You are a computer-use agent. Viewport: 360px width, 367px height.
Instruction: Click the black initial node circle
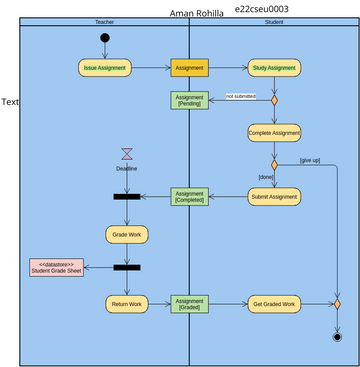point(105,38)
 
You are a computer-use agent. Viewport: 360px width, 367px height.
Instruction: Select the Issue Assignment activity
point(105,68)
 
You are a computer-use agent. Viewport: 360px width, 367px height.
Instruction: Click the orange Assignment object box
point(189,68)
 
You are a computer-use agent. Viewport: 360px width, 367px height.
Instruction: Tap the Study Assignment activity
point(274,68)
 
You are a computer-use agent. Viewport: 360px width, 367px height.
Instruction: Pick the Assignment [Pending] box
point(189,100)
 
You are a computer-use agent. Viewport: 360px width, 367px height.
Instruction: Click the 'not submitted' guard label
point(240,96)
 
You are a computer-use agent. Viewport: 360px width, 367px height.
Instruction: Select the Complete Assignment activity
point(274,132)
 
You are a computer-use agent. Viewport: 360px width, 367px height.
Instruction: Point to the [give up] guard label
point(311,160)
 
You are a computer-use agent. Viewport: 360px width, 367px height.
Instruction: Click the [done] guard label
point(265,177)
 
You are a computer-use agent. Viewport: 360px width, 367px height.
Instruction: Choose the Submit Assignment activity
point(274,196)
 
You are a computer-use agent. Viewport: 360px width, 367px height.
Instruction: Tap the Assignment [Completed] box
point(189,196)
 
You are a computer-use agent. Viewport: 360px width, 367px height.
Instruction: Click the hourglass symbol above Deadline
point(127,154)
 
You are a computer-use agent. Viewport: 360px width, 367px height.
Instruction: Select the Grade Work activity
point(127,234)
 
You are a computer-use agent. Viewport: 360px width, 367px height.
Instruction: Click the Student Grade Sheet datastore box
point(56,267)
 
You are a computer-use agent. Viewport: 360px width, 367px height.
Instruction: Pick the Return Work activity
point(127,303)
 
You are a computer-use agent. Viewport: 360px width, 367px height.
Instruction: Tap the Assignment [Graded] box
point(189,303)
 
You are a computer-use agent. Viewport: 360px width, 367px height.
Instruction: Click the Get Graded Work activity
point(274,303)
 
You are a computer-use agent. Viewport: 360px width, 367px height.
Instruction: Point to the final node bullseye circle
point(337,337)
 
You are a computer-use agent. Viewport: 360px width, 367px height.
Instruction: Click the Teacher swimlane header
point(104,21)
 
